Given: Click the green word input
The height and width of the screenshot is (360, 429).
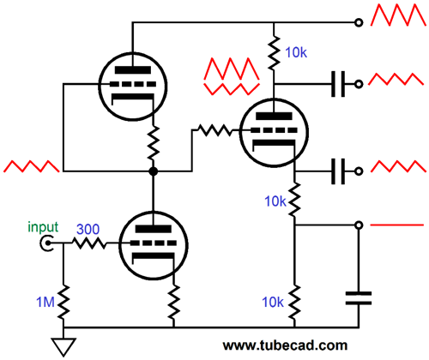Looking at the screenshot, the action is pos(43,227).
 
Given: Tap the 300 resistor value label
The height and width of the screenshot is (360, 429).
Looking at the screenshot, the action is pos(88,229).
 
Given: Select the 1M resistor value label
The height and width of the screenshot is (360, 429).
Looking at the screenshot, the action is pos(45,302).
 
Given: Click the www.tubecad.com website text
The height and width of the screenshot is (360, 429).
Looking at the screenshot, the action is pos(285,345).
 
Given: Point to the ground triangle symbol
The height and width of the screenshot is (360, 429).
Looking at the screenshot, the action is pos(63,347).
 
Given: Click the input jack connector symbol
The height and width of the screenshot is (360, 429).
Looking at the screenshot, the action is pos(47,243).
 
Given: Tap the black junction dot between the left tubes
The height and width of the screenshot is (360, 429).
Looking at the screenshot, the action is pos(154,171).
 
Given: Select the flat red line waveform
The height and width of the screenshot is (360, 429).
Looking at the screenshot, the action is pos(396,225).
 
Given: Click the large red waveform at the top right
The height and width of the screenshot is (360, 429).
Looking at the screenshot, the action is pos(398,15).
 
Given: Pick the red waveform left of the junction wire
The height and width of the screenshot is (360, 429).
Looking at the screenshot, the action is pos(31,166).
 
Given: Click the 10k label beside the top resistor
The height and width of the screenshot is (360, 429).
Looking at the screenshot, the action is pos(296,52).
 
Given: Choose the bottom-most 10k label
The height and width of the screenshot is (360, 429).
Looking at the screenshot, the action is pos(273,302).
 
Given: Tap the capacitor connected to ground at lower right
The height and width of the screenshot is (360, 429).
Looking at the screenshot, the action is pos(359,298).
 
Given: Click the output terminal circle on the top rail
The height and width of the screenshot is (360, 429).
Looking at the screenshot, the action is pos(359,22).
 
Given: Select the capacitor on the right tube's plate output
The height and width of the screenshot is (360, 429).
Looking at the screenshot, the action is pos(338,84).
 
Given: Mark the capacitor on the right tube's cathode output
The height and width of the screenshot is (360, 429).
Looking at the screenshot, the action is pos(338,171).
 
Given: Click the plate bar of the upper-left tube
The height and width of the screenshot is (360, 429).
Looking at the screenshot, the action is pos(133,70).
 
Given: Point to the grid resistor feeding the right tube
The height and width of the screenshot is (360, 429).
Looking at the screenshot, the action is pos(214,130).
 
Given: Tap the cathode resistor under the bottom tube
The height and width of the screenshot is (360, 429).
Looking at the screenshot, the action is pos(173,303).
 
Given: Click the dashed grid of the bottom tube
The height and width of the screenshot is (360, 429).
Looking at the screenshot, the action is pos(154,243).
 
